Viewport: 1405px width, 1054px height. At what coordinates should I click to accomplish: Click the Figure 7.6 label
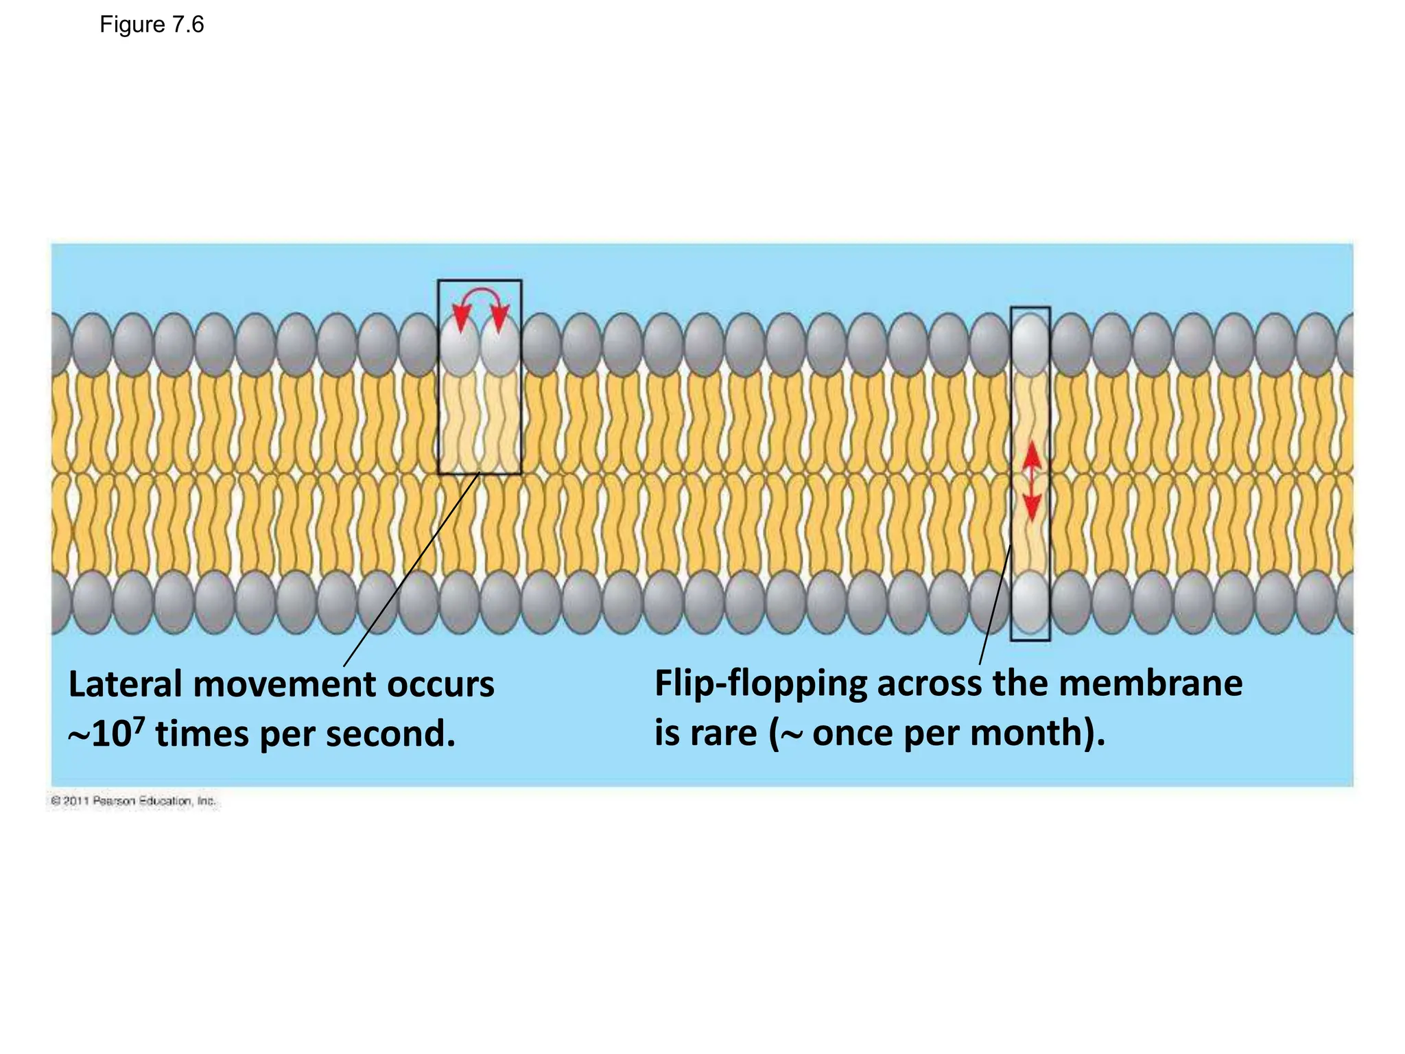(152, 25)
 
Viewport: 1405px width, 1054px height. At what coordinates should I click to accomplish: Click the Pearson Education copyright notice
(134, 801)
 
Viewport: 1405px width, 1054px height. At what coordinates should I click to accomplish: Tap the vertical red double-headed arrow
(1031, 480)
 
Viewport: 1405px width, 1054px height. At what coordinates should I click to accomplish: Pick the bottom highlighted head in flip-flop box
(1030, 602)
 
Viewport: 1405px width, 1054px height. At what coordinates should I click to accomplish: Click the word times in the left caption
(202, 734)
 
